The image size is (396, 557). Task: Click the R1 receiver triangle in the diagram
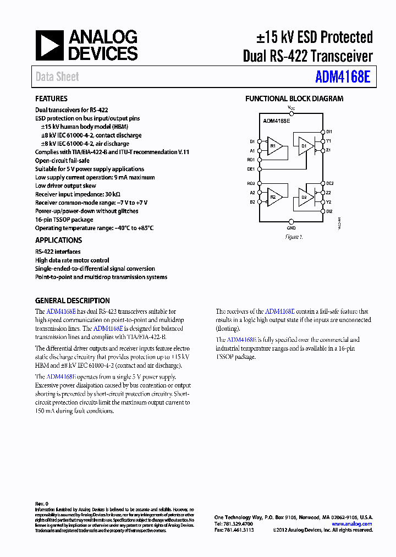click(x=275, y=146)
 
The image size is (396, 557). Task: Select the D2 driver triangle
click(x=306, y=196)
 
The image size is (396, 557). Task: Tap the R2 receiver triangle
click(x=275, y=196)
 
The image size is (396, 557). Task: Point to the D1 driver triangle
click(x=306, y=146)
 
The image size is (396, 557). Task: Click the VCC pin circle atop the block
click(x=291, y=112)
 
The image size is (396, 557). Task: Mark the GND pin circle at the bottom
click(x=291, y=222)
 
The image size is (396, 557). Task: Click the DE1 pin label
click(x=251, y=170)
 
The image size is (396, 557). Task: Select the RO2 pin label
click(x=251, y=183)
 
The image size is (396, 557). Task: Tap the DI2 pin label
click(x=329, y=211)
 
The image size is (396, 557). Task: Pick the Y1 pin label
click(x=328, y=140)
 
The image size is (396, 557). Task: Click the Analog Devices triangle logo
click(x=50, y=45)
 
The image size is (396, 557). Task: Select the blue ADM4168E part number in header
click(x=343, y=76)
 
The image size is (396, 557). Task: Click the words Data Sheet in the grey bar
click(x=57, y=77)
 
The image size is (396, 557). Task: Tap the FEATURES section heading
click(x=51, y=99)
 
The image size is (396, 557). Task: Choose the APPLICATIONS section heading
click(x=58, y=241)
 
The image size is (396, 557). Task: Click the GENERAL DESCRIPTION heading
click(x=72, y=301)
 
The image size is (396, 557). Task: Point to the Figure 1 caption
click(x=294, y=237)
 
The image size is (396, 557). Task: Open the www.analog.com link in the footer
click(x=351, y=524)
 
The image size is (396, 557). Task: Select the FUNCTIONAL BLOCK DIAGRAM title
click(x=294, y=99)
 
